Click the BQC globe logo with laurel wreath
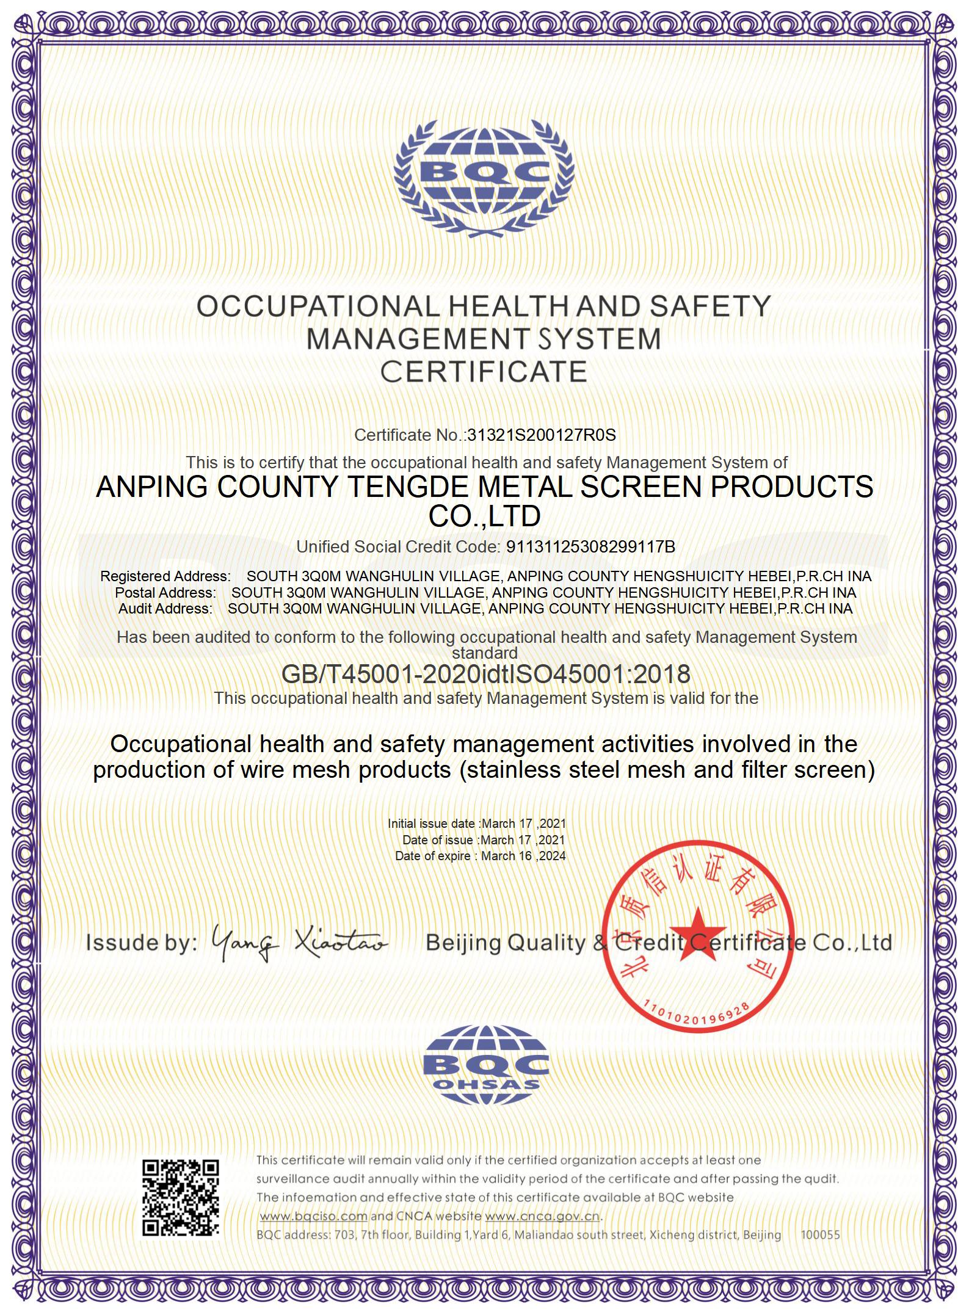484,177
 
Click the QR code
181,1197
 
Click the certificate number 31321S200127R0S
541,435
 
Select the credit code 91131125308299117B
590,547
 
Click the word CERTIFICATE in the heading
484,372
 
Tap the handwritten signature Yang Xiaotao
299,942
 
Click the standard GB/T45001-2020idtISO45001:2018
485,674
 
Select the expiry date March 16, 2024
523,856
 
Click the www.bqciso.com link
314,1215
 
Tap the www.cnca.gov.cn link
542,1215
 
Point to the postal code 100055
820,1234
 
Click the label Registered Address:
165,576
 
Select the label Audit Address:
165,609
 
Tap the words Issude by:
142,943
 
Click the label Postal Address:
165,593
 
